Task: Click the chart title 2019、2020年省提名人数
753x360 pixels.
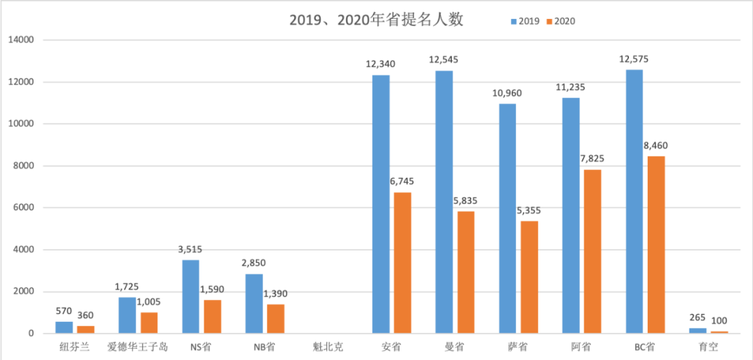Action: (x=376, y=20)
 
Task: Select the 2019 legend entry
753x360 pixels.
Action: (x=525, y=21)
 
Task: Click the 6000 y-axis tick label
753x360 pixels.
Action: (x=24, y=208)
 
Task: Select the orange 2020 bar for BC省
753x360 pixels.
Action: (x=655, y=245)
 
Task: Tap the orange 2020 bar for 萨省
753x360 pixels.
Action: (x=528, y=277)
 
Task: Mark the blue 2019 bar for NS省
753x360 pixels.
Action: (x=190, y=297)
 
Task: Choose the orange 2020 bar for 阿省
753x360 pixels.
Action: (x=592, y=251)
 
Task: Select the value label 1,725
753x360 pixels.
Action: (x=127, y=287)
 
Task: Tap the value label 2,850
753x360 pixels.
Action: (x=254, y=263)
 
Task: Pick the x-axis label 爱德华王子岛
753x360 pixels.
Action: (x=137, y=347)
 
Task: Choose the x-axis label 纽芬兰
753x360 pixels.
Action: (x=75, y=347)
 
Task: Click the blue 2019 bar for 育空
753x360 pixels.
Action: (x=697, y=330)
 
